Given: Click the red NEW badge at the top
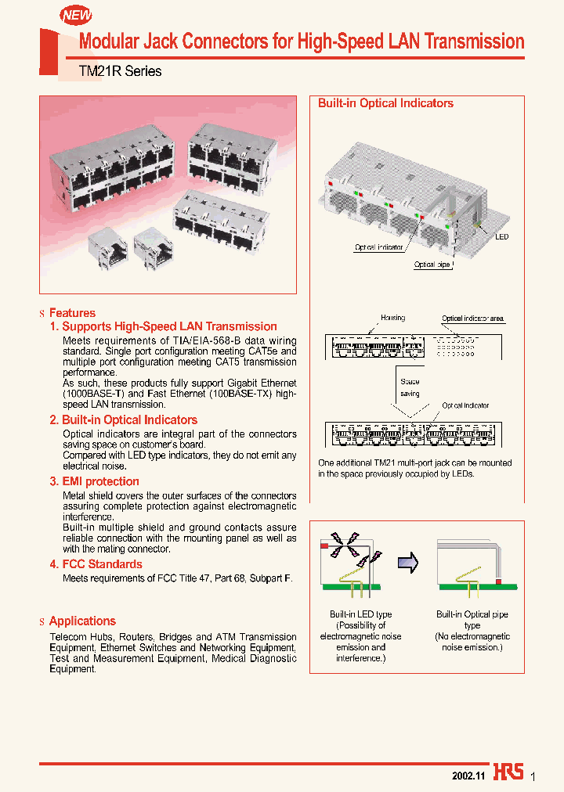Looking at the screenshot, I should click(76, 15).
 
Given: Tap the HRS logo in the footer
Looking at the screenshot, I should click(508, 772).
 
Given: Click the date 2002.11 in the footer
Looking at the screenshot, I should click(468, 775).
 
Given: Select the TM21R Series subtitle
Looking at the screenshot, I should click(120, 71).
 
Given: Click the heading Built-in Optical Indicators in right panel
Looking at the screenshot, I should click(385, 103).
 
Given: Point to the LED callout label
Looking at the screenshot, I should click(501, 235).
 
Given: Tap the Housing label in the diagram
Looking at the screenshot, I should click(392, 319).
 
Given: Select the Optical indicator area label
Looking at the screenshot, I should click(472, 319).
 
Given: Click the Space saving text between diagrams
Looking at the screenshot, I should click(410, 387).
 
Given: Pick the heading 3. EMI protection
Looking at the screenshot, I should click(94, 481).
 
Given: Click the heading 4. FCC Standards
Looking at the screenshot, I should click(96, 564).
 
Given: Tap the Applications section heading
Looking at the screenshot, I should click(82, 621).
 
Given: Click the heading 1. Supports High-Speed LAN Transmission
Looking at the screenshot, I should click(163, 326).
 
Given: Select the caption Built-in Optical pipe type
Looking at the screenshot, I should click(472, 620).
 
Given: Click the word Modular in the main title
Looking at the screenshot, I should click(112, 41).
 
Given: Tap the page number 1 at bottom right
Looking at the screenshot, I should click(533, 776).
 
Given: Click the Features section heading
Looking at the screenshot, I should click(72, 313).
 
